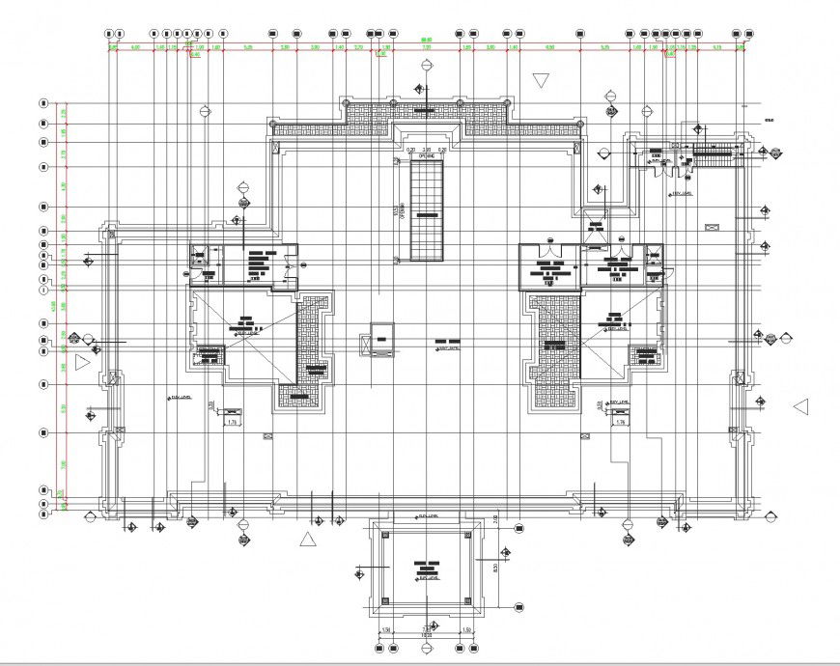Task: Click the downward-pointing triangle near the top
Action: click(x=541, y=80)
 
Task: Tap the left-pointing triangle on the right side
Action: click(x=800, y=406)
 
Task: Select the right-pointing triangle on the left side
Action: click(x=83, y=360)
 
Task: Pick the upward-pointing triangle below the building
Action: click(x=308, y=539)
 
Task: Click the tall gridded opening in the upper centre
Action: click(x=426, y=210)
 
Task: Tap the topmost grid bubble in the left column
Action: click(x=42, y=102)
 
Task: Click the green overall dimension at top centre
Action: click(x=425, y=41)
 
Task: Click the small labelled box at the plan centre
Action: click(x=382, y=340)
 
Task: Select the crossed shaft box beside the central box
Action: click(x=363, y=345)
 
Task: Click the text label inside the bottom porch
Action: click(x=427, y=569)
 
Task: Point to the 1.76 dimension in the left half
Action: click(x=232, y=422)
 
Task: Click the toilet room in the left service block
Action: click(x=203, y=258)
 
